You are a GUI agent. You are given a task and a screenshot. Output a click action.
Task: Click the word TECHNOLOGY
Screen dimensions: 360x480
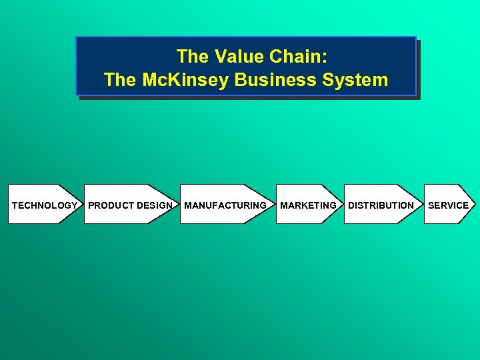click(44, 205)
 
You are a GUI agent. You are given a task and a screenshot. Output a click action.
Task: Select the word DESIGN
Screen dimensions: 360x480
click(155, 205)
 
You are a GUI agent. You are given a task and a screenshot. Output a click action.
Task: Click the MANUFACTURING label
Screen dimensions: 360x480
click(225, 205)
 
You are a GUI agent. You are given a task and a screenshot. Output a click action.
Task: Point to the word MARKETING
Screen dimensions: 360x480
click(308, 205)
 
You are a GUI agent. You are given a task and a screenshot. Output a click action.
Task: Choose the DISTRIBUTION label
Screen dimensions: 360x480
click(381, 205)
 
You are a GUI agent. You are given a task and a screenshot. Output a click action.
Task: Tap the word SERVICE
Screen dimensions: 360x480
click(448, 205)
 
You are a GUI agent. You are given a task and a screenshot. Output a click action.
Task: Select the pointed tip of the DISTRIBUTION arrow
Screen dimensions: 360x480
click(420, 204)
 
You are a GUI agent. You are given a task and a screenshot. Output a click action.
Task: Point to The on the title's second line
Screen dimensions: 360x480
click(120, 80)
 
